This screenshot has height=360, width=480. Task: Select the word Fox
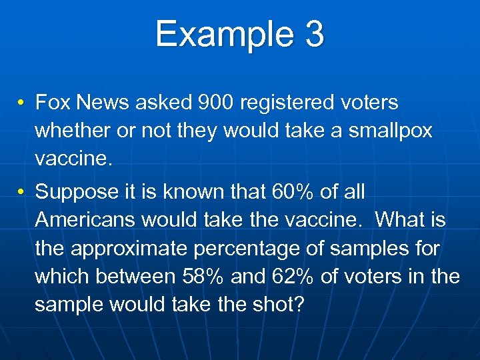pos(53,103)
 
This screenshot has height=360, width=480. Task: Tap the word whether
pos(73,131)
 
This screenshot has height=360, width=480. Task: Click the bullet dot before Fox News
pos(22,103)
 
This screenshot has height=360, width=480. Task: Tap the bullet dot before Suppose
pos(22,193)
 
